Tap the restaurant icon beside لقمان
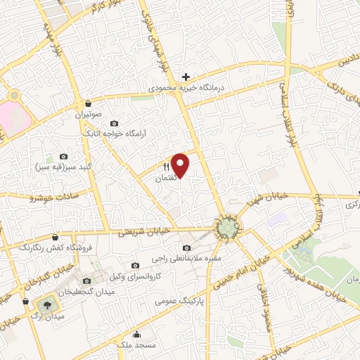pyautogui.click(x=167, y=167)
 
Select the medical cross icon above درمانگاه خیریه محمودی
pyautogui.click(x=186, y=77)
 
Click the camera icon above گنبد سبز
pyautogui.click(x=64, y=156)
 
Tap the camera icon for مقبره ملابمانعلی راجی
pyautogui.click(x=186, y=247)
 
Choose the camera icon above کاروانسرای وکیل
pyautogui.click(x=135, y=264)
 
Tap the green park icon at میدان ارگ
pyautogui.click(x=46, y=304)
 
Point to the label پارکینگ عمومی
pyautogui.click(x=179, y=300)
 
